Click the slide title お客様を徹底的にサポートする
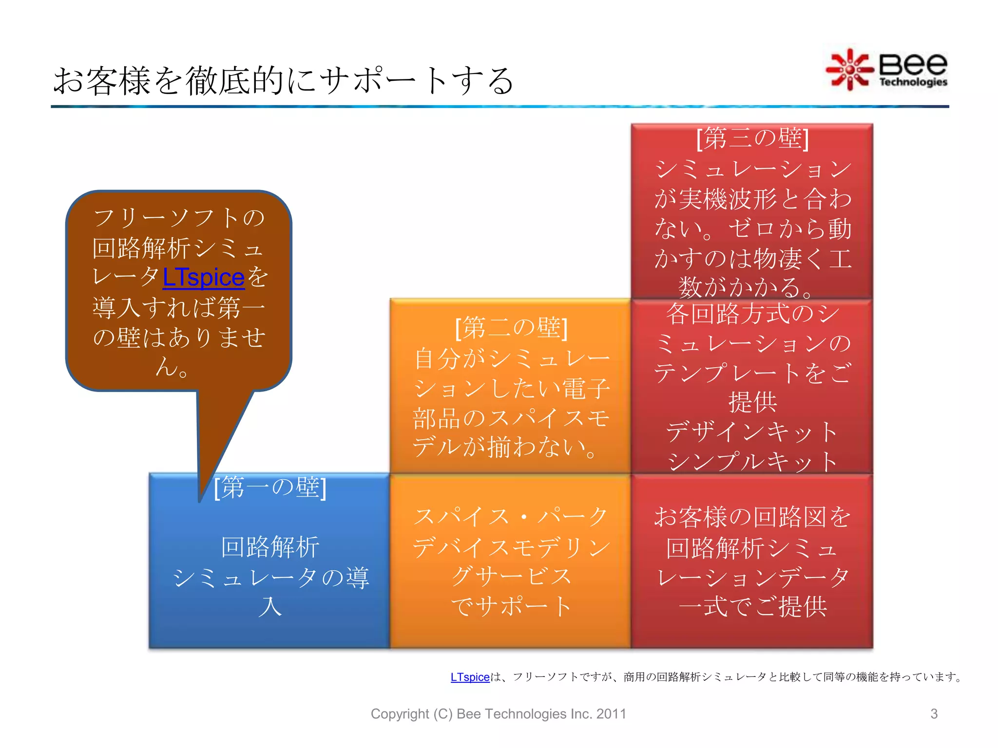pyautogui.click(x=283, y=81)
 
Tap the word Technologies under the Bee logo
pyautogui.click(x=913, y=82)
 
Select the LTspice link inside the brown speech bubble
pyautogui.click(x=203, y=278)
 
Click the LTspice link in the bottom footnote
pyautogui.click(x=470, y=677)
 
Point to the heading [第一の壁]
pyautogui.click(x=270, y=487)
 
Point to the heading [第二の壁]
pyautogui.click(x=511, y=328)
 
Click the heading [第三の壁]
pyautogui.click(x=752, y=138)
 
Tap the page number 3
pyautogui.click(x=934, y=714)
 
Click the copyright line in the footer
pyautogui.click(x=498, y=714)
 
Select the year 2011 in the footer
pyautogui.click(x=611, y=714)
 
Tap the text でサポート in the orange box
pyautogui.click(x=511, y=607)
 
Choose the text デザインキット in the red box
pyautogui.click(x=752, y=432)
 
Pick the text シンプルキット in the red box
pyautogui.click(x=752, y=462)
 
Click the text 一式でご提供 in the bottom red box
pyautogui.click(x=752, y=607)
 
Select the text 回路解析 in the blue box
pyautogui.click(x=270, y=547)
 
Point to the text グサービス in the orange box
pyautogui.click(x=511, y=577)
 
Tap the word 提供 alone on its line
pyautogui.click(x=752, y=402)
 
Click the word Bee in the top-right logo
pyautogui.click(x=913, y=64)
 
